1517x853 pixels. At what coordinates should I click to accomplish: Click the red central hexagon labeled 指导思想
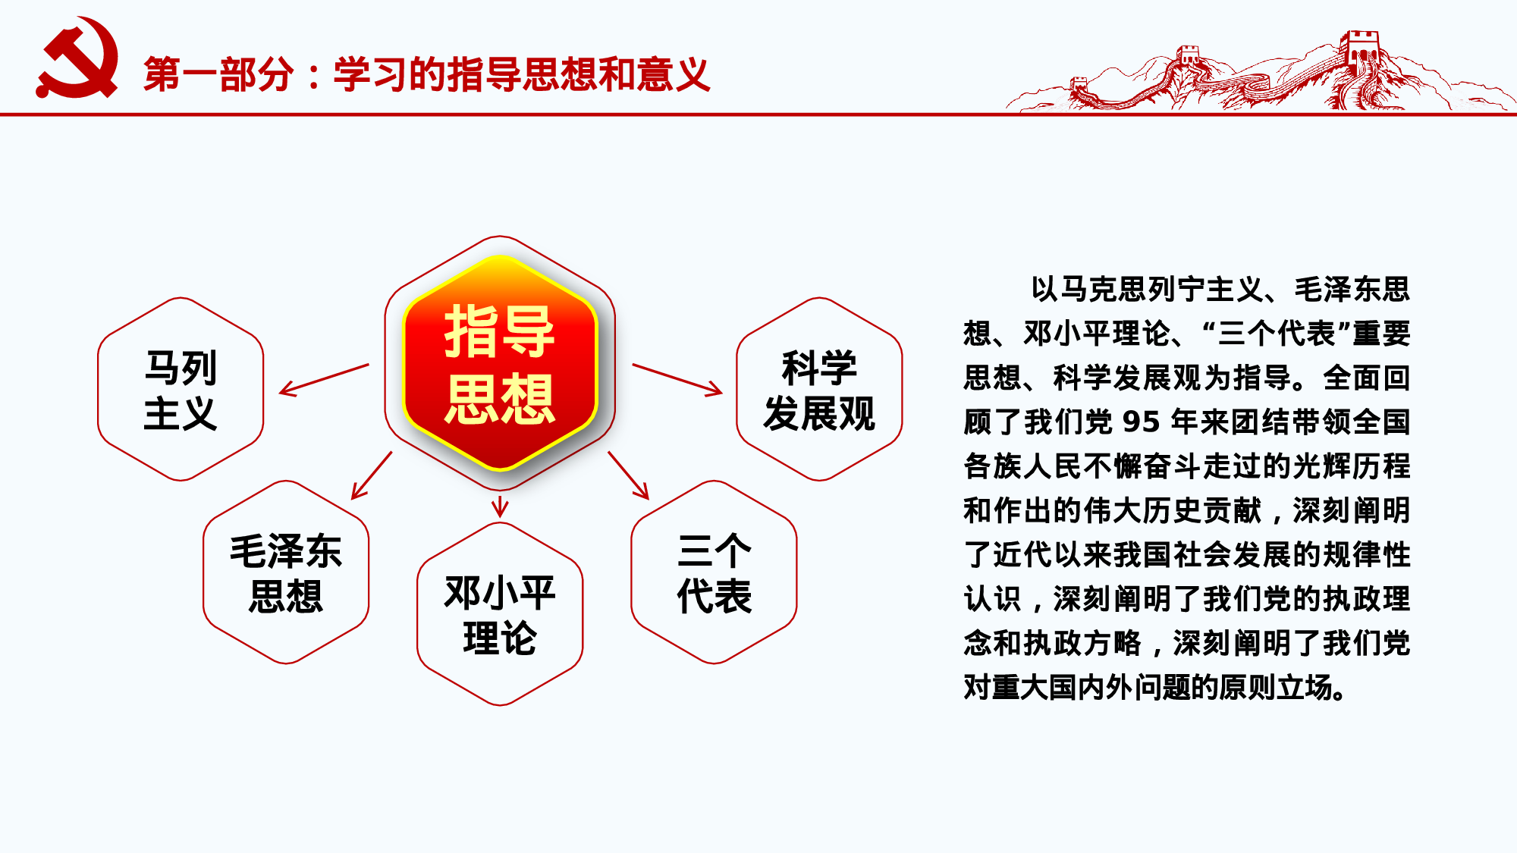500,363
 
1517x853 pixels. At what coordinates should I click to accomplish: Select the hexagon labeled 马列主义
181,390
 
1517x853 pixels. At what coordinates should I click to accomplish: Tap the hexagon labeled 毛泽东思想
286,572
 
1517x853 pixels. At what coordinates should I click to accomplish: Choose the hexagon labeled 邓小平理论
500,614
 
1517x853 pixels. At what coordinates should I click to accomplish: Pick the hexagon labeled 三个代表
714,572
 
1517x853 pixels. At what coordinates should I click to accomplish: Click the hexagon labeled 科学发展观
819,390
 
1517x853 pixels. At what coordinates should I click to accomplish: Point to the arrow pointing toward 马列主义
324,379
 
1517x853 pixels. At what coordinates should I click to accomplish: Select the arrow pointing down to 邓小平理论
500,506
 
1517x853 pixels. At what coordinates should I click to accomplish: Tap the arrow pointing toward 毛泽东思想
372,475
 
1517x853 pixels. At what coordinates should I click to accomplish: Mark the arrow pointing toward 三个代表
629,475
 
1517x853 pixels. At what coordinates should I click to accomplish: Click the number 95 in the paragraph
1141,422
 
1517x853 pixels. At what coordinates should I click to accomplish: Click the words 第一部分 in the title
218,74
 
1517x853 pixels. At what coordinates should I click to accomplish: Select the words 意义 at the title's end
673,74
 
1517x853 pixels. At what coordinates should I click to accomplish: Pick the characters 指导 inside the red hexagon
500,331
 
